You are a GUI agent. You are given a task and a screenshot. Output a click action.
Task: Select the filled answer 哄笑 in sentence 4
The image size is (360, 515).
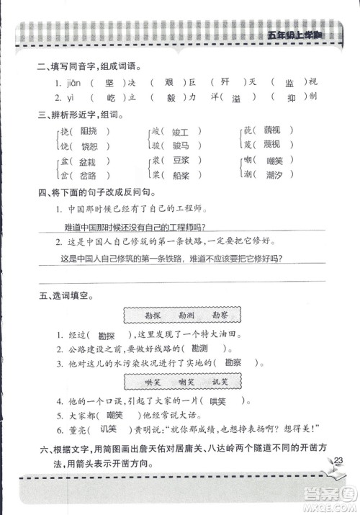221,401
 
